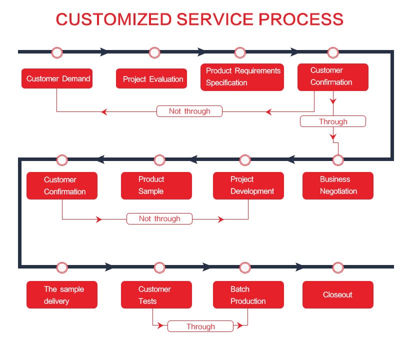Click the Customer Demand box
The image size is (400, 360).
57,78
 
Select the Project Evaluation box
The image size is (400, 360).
151,78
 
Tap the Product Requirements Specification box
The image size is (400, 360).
242,77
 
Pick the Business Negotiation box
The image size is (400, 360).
338,185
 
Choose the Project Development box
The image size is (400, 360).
248,185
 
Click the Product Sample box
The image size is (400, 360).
156,185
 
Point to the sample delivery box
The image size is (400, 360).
62,295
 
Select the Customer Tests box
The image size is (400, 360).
156,295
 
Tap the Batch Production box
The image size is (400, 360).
248,295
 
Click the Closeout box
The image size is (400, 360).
338,295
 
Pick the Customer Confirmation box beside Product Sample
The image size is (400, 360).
62,185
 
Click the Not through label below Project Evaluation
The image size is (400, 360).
189,111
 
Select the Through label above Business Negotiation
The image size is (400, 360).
333,121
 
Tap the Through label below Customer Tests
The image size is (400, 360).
200,326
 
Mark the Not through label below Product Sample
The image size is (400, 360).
159,218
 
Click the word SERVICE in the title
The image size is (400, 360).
206,19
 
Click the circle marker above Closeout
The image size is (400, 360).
338,267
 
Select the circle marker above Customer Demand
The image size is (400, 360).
57,52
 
